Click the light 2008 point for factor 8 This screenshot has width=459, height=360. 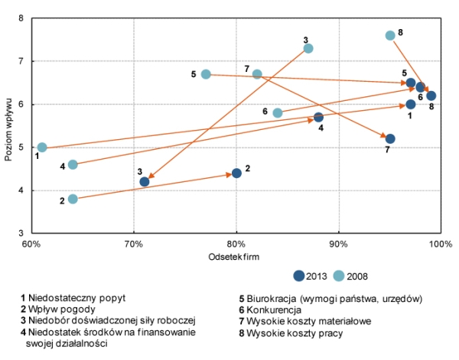[390, 35]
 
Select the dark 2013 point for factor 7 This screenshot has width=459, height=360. [390, 138]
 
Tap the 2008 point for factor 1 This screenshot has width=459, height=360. [42, 148]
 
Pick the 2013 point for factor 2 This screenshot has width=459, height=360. [236, 173]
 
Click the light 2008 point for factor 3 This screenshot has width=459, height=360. [308, 48]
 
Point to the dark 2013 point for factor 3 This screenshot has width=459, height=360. [145, 181]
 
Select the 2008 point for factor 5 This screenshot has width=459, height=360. [206, 74]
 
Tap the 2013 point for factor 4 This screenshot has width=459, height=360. [318, 117]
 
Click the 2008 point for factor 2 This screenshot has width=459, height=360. [73, 199]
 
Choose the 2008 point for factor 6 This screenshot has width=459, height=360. [278, 112]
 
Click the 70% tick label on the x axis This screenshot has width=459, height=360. [134, 244]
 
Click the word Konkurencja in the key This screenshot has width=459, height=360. [280, 310]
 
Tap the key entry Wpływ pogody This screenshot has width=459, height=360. [56, 310]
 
